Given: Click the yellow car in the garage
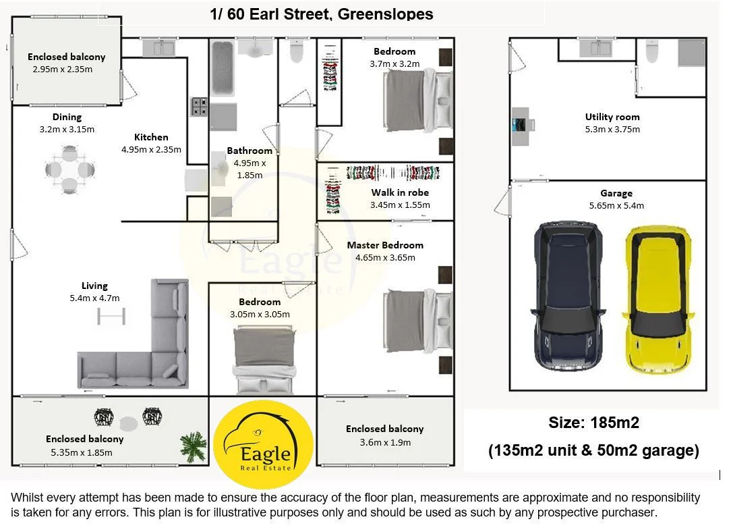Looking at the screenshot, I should point(657,300).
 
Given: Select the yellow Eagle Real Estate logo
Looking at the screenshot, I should point(263,444).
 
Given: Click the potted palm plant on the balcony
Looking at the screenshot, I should point(194,446).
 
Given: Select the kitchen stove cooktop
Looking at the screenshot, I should point(199,107).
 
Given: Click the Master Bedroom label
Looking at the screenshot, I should point(385,245).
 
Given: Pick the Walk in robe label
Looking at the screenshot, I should point(399,192).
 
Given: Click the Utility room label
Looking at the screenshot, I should point(612,117).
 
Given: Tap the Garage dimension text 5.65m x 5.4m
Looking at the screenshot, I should point(616,205).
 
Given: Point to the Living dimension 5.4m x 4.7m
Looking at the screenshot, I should point(94,298).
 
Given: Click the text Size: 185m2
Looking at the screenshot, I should point(593,423).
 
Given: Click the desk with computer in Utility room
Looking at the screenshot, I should point(523,126).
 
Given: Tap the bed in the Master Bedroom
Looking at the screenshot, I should point(418,321).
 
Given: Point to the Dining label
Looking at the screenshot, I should point(67,117).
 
